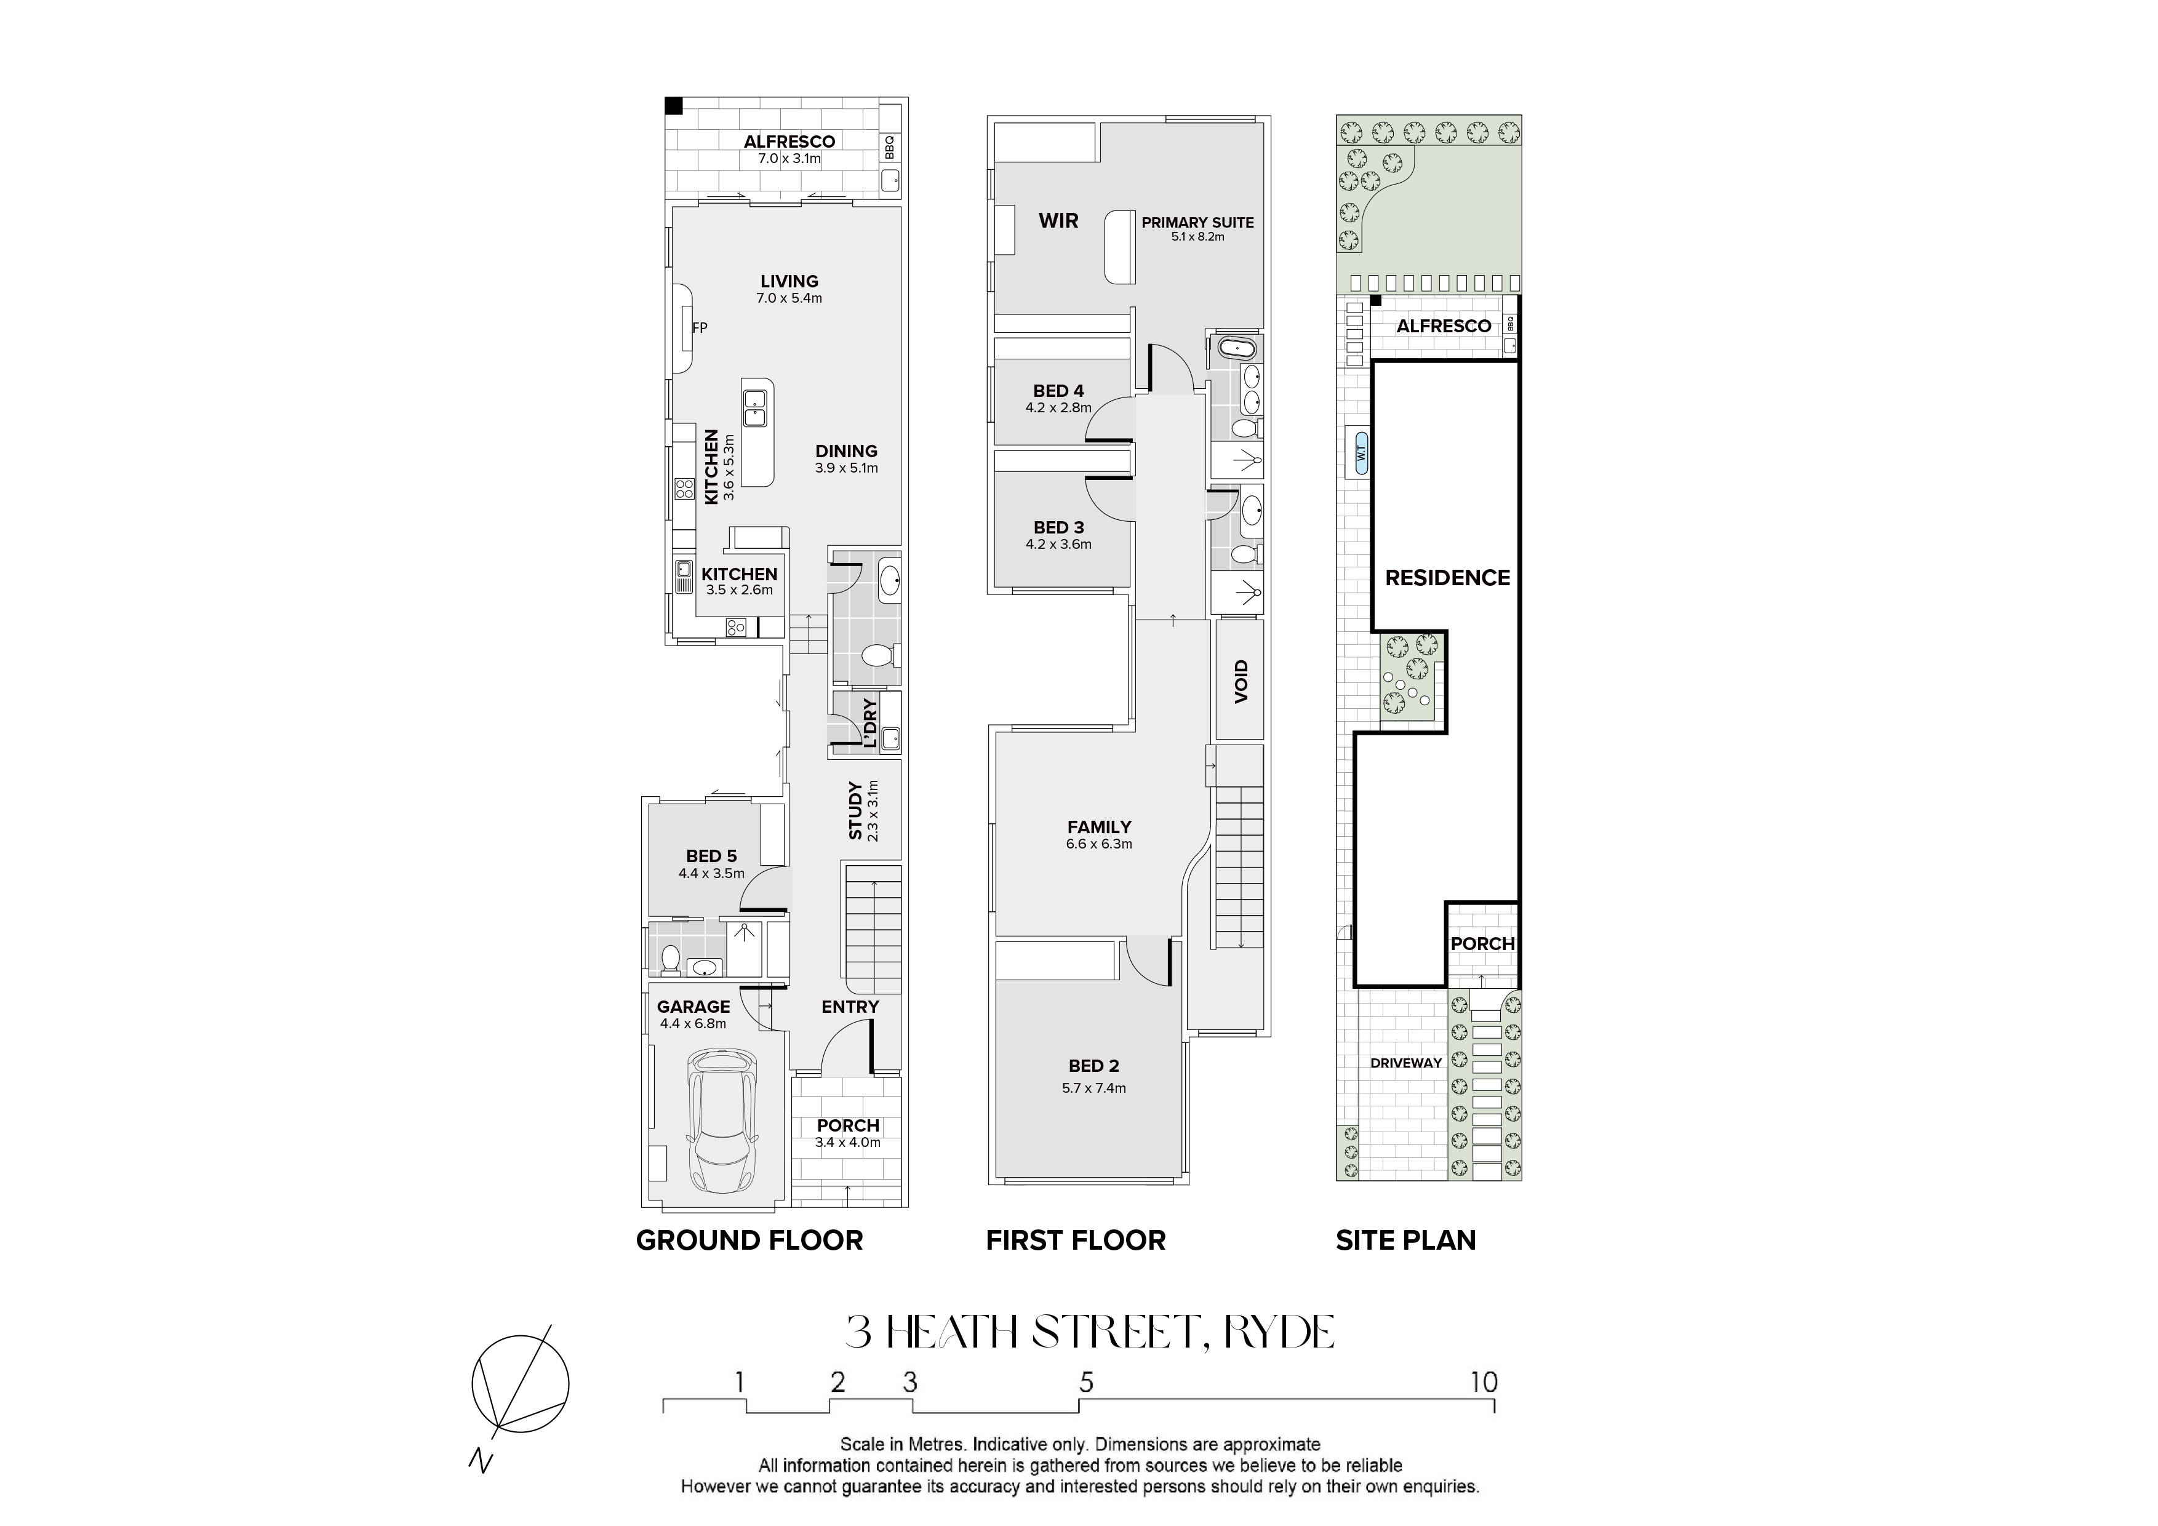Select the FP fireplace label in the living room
point(699,328)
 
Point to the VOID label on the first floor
point(1241,681)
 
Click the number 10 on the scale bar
point(1483,1382)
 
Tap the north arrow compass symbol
point(520,1383)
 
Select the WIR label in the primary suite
point(1058,221)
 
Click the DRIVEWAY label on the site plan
point(1406,1063)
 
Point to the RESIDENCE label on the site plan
point(1447,578)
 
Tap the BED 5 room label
point(711,856)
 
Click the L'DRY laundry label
point(869,722)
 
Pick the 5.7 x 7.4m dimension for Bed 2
point(1094,1088)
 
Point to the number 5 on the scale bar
point(1087,1382)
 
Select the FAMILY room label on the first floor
point(1099,827)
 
